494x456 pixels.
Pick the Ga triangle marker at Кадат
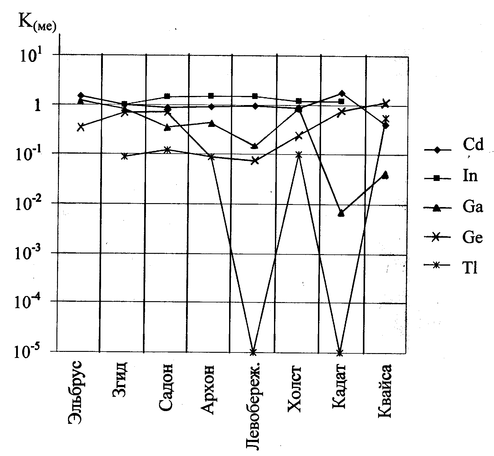point(341,213)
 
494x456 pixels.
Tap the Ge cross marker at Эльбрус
point(80,127)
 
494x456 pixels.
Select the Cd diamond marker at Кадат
point(342,93)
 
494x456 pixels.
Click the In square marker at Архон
point(211,96)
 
